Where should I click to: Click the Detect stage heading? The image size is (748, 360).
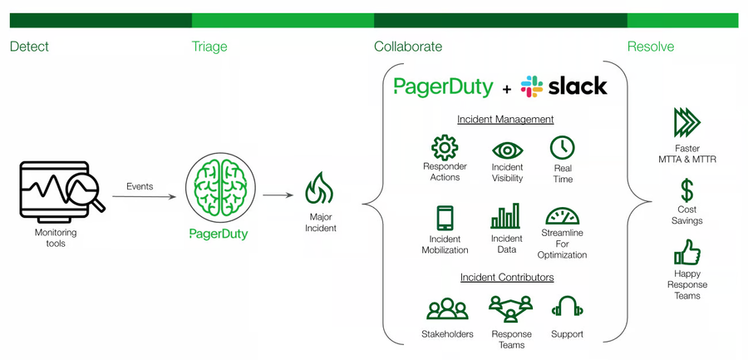coord(29,47)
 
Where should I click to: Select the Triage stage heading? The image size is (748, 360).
coord(209,47)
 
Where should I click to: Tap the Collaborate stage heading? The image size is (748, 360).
coord(408,47)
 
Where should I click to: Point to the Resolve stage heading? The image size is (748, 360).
coord(651,47)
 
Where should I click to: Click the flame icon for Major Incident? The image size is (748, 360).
coord(320,189)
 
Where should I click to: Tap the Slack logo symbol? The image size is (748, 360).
coord(532,86)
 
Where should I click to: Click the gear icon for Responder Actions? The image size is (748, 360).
coord(445,147)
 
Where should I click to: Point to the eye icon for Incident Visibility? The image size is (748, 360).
coord(508,150)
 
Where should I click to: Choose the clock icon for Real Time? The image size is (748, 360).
coord(563,148)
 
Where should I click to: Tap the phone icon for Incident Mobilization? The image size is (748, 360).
coord(445,219)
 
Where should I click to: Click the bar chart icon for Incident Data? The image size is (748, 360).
coord(505,217)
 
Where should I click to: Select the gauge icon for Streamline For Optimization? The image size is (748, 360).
coord(563,217)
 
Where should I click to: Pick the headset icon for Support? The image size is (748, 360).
coord(567,308)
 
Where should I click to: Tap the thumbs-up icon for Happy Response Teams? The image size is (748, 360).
coord(686,252)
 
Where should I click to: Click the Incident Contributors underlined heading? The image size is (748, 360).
coord(507,277)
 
